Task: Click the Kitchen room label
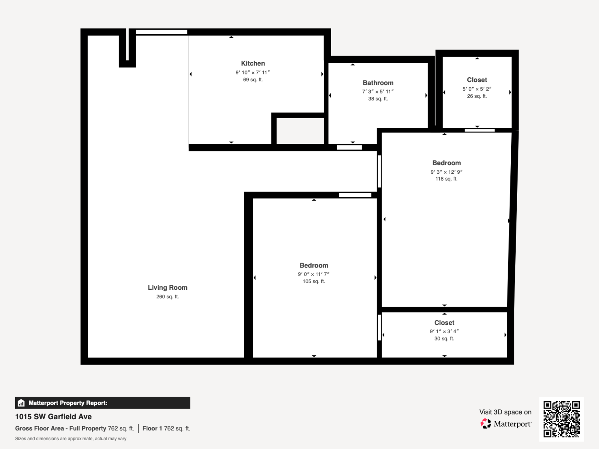pyautogui.click(x=253, y=63)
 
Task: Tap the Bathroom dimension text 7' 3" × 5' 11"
pyautogui.click(x=378, y=91)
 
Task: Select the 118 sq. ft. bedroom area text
pyautogui.click(x=446, y=179)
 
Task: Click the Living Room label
pyautogui.click(x=168, y=287)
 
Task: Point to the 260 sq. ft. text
pyautogui.click(x=168, y=297)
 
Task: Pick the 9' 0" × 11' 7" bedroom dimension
pyautogui.click(x=314, y=274)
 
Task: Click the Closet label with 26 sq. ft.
pyautogui.click(x=477, y=80)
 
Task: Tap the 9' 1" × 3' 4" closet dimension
pyautogui.click(x=444, y=331)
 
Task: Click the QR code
pyautogui.click(x=562, y=419)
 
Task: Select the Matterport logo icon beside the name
pyautogui.click(x=485, y=424)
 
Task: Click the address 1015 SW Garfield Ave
pyautogui.click(x=53, y=417)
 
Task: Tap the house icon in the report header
pyautogui.click(x=21, y=403)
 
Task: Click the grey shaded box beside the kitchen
pyautogui.click(x=300, y=131)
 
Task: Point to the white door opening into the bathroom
pyautogui.click(x=349, y=147)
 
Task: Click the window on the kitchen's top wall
pyautogui.click(x=161, y=32)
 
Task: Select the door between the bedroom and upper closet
pyautogui.click(x=480, y=130)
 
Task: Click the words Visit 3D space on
pyautogui.click(x=505, y=412)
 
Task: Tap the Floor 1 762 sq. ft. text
pyautogui.click(x=166, y=428)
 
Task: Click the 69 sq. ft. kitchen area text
pyautogui.click(x=253, y=80)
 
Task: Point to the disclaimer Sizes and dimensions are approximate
pyautogui.click(x=71, y=439)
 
